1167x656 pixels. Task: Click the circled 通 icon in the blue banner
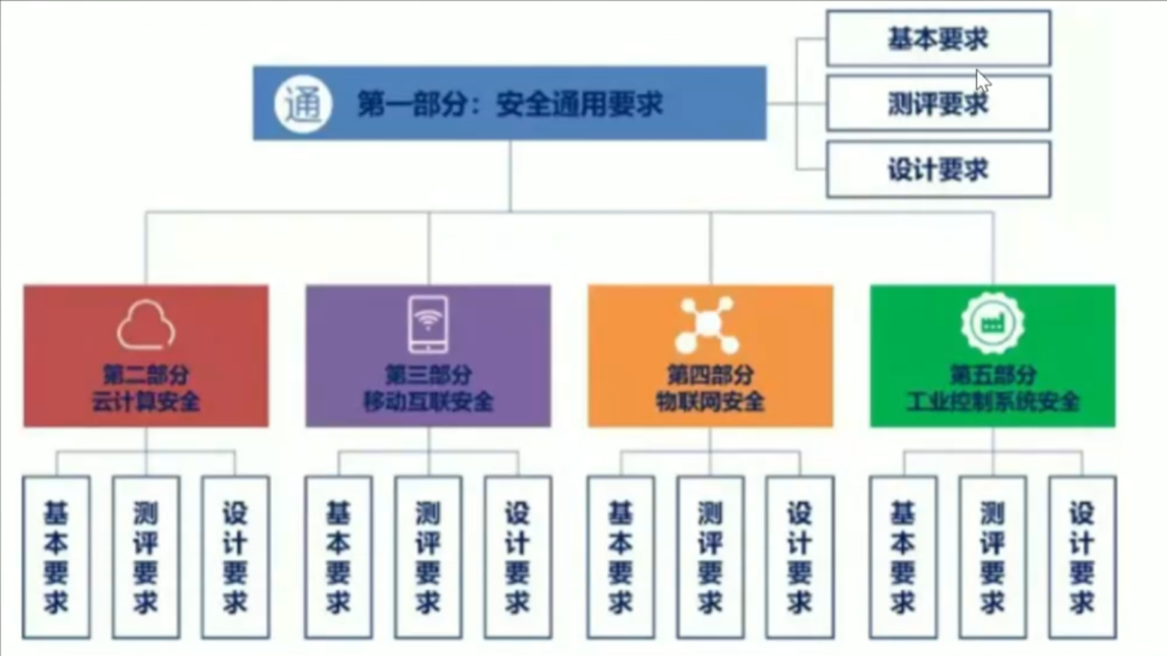pos(303,104)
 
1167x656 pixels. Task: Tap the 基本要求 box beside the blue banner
pos(938,38)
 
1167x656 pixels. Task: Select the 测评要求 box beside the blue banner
pos(938,104)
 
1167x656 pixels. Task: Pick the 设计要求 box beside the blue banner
pos(938,170)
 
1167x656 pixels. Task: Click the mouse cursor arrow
pos(983,80)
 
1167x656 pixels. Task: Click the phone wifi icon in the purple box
pos(428,324)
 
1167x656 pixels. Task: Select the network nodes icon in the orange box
pos(707,325)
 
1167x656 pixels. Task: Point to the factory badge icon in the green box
pos(992,323)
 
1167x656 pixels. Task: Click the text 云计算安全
pos(146,401)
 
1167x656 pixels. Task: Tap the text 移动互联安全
pos(428,401)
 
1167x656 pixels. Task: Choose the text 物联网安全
pos(710,401)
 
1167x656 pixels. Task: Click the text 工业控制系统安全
pos(993,401)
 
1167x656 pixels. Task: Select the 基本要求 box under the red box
pos(56,557)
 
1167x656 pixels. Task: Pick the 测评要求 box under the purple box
pos(428,557)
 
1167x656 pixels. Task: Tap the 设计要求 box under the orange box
pos(800,557)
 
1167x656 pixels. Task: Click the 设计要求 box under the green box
pos(1082,557)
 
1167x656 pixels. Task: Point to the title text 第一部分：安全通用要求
pos(509,104)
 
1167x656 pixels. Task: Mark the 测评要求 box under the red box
pos(146,557)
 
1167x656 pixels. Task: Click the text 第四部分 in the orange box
pos(710,374)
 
